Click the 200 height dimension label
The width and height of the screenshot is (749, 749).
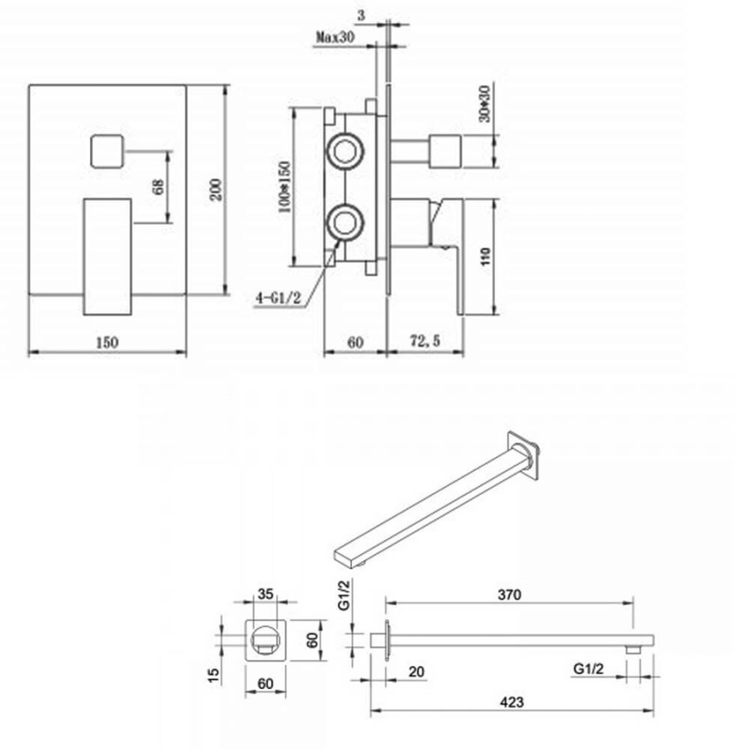(x=216, y=190)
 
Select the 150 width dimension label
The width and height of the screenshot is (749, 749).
(x=107, y=343)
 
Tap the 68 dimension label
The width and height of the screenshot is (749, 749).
(x=159, y=186)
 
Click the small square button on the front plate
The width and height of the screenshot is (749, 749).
(x=107, y=151)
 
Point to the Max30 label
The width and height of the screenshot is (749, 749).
(x=335, y=37)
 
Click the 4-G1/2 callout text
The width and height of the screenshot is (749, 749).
(x=279, y=298)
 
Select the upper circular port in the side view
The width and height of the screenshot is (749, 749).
(x=345, y=152)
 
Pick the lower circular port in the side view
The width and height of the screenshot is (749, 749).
(x=345, y=222)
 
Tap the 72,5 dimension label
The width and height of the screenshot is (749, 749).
(x=425, y=341)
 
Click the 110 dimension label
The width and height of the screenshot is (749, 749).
(x=485, y=256)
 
